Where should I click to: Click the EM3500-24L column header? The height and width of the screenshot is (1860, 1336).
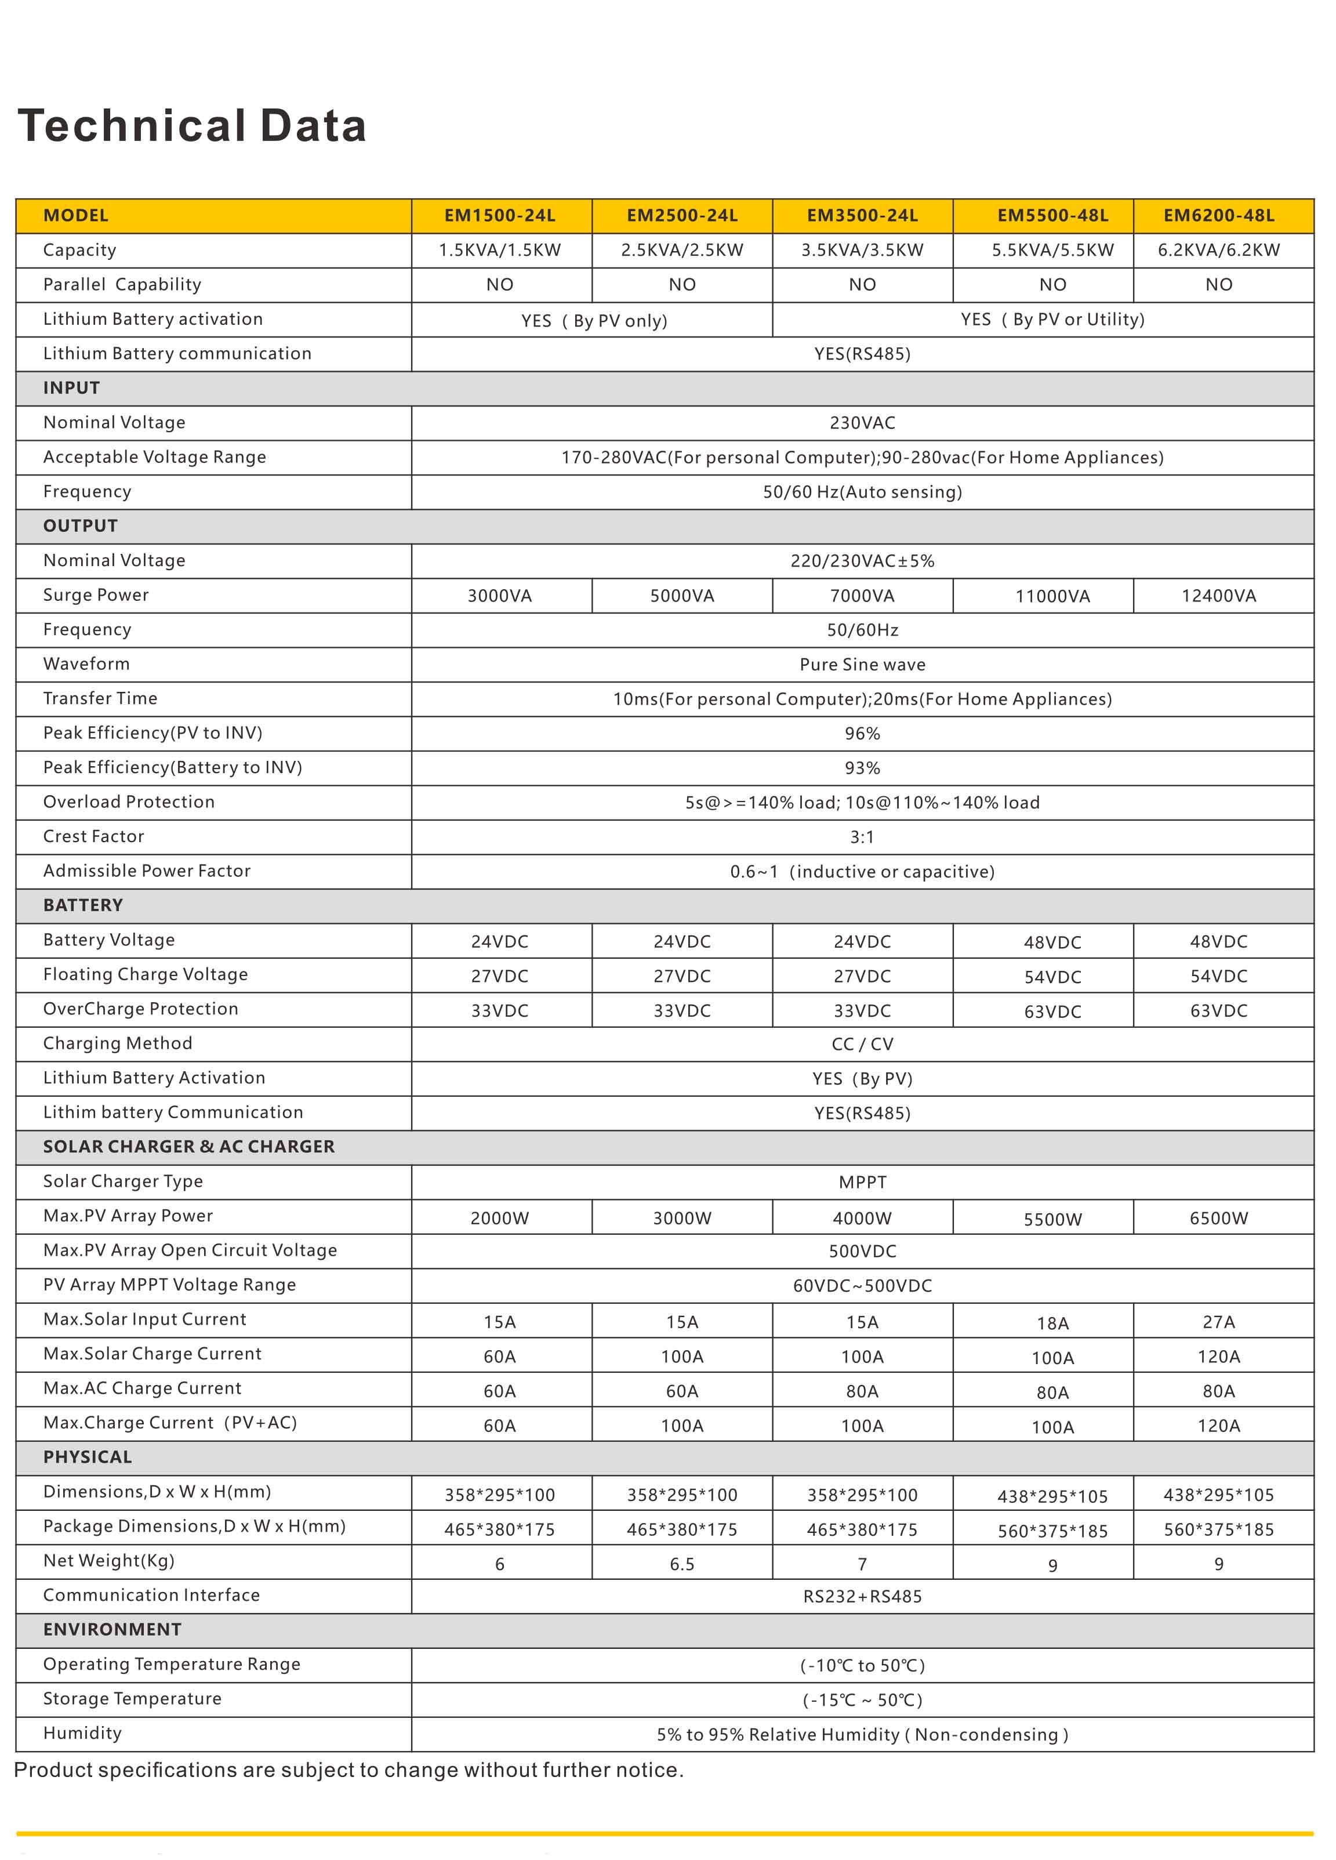point(862,216)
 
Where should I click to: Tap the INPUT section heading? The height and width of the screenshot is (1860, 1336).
point(71,388)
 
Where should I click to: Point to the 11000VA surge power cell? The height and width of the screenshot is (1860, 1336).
point(1052,596)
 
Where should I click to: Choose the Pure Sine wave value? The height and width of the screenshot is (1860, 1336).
point(862,664)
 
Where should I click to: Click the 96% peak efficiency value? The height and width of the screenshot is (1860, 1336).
point(862,733)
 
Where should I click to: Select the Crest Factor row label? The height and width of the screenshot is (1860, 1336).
point(93,836)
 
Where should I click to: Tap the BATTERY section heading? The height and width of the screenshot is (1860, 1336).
point(83,905)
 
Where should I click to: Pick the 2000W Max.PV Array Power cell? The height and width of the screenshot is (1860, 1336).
point(499,1219)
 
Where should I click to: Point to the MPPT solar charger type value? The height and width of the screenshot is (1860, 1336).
point(862,1183)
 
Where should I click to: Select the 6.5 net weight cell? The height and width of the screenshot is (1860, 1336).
point(681,1565)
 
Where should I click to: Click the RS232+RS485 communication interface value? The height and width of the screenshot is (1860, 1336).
point(862,1597)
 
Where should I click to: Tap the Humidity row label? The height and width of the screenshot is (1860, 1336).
point(82,1733)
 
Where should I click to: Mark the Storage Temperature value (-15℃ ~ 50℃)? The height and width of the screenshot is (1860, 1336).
point(862,1700)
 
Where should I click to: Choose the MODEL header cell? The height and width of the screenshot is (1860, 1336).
point(75,216)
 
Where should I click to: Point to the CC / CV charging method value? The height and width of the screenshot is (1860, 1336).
point(862,1044)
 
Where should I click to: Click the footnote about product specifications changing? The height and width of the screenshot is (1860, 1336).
point(348,1770)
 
